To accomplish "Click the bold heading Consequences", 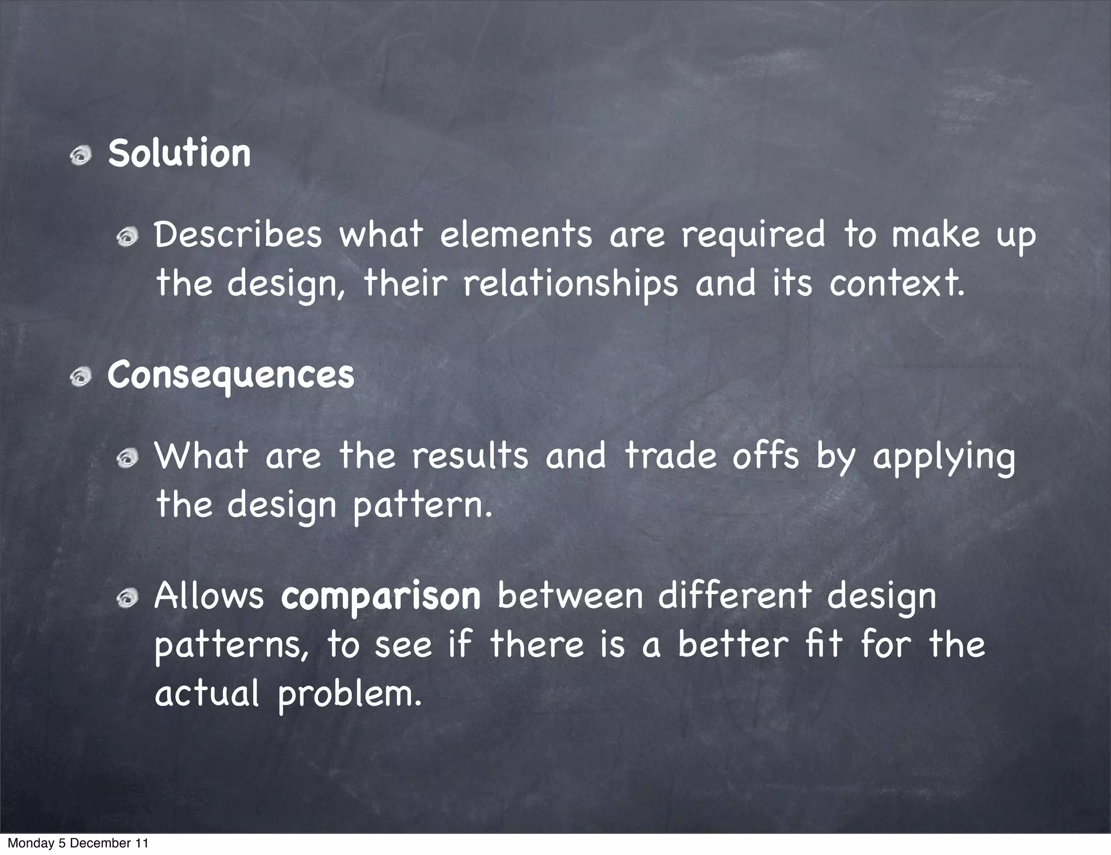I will click(231, 375).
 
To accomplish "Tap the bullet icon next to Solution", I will click(81, 156).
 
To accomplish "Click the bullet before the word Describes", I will click(128, 237).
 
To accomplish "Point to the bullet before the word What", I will click(128, 459).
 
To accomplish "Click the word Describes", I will click(238, 235).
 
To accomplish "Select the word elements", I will click(515, 235).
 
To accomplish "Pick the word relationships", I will click(571, 284).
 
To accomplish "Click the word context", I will click(897, 284).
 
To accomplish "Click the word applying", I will click(943, 457).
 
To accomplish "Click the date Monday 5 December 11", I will click(78, 843).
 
